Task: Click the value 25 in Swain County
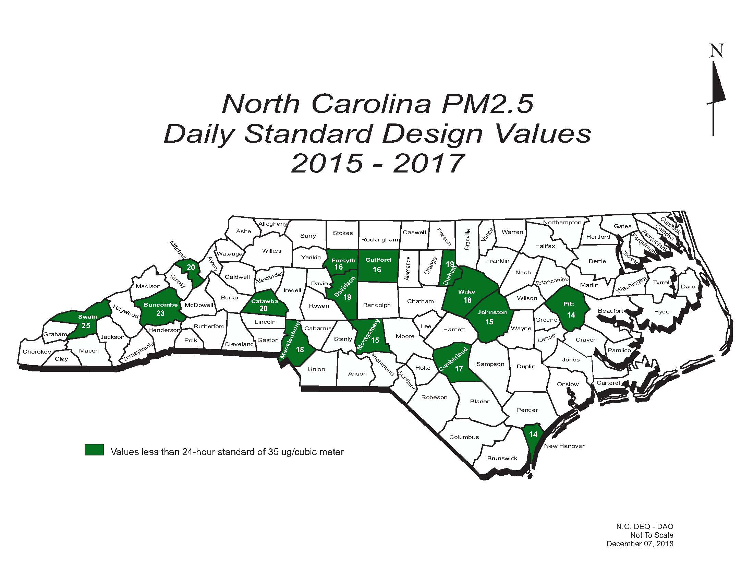click(x=86, y=325)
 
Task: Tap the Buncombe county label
click(x=160, y=305)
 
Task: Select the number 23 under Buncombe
click(x=160, y=313)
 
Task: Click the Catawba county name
click(x=265, y=301)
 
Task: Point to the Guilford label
click(x=378, y=260)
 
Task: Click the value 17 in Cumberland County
click(x=459, y=369)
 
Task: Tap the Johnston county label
click(x=492, y=312)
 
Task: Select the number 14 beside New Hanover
click(x=533, y=434)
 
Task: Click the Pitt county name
click(x=569, y=304)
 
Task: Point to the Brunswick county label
click(x=502, y=458)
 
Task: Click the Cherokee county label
click(x=37, y=352)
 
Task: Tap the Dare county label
click(x=688, y=286)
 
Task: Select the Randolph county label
click(x=377, y=305)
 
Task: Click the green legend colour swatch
click(x=94, y=450)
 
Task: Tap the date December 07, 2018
click(x=640, y=544)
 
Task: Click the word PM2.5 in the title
click(x=487, y=103)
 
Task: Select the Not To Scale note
click(x=652, y=535)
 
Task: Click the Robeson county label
click(x=434, y=397)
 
